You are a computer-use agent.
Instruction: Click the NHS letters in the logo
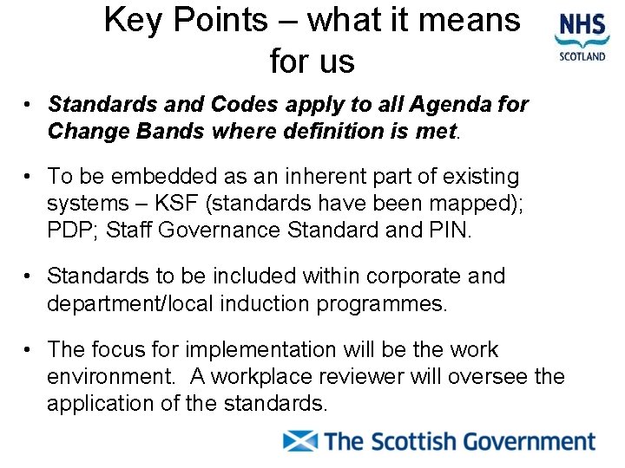pos(582,23)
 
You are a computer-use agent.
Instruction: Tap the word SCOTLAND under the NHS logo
pos(582,57)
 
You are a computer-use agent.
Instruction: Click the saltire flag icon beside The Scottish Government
pos(301,441)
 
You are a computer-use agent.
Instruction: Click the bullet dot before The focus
pos(30,350)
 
